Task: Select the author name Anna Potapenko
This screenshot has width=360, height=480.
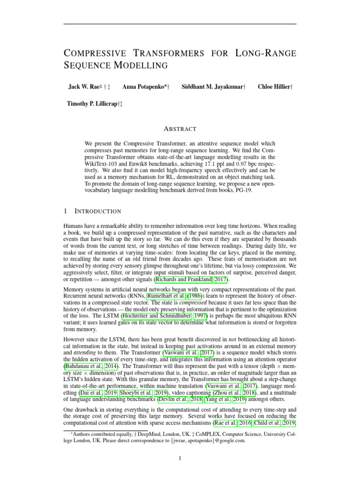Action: tap(144, 87)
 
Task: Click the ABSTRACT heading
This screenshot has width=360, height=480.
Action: tap(180, 129)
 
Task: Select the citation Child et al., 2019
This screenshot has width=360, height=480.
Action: tap(274, 424)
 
